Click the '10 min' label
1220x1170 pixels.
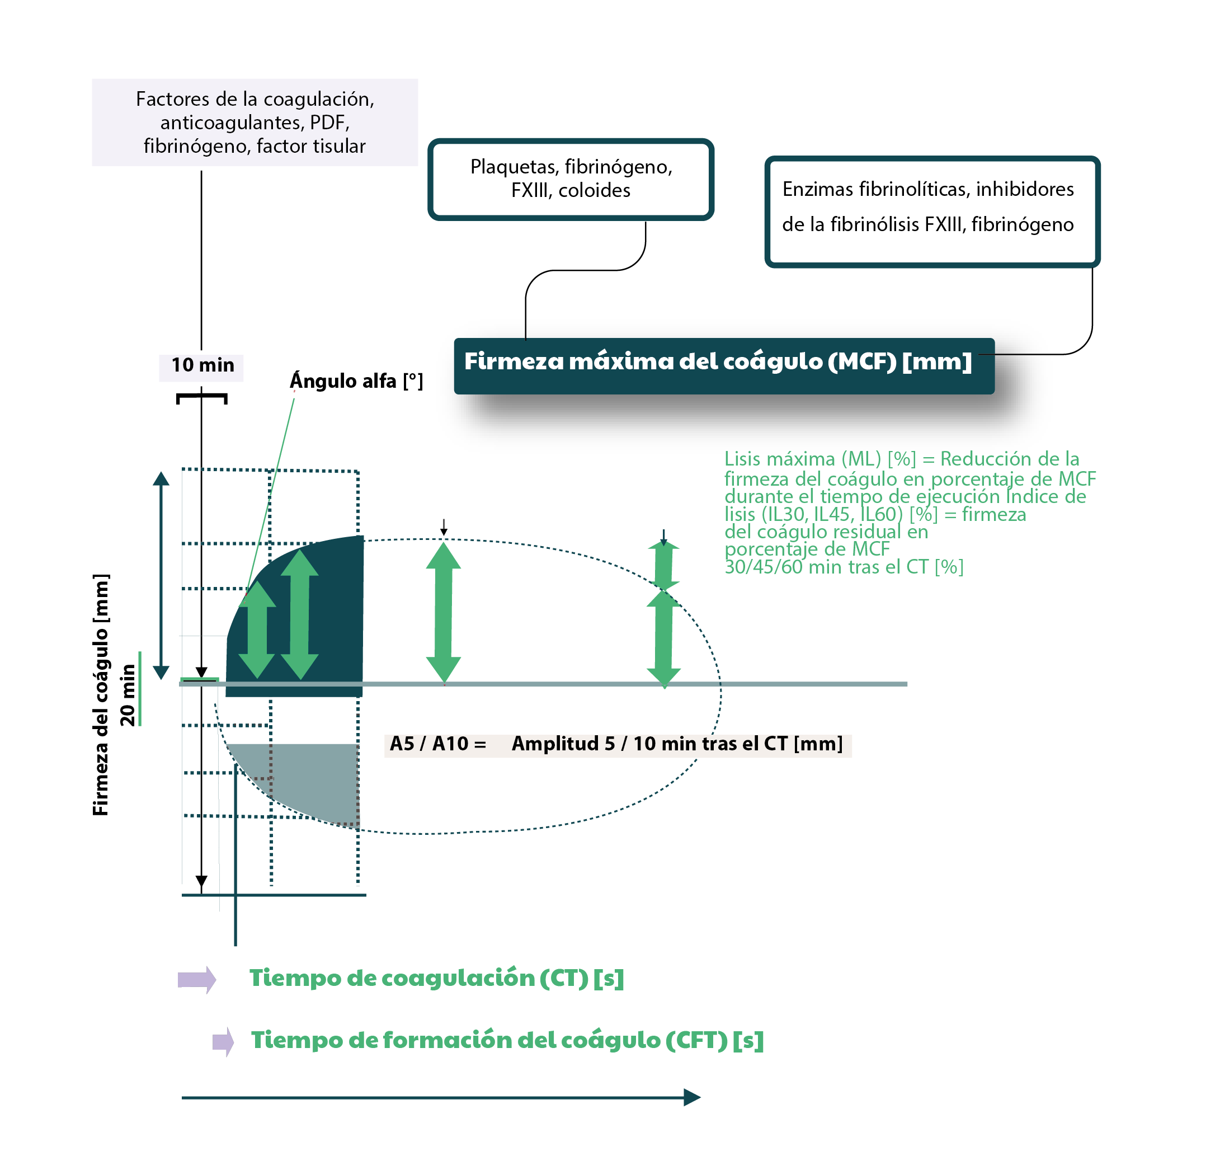coord(202,365)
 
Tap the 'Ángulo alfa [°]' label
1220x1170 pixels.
coord(356,380)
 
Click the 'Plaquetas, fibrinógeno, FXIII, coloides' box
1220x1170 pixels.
coord(570,179)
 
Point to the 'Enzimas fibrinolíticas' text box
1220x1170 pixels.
coord(932,211)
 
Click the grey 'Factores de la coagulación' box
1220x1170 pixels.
coord(255,122)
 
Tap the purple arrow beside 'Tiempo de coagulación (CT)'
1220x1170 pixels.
coord(197,979)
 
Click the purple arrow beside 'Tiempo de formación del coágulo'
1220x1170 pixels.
coord(223,1042)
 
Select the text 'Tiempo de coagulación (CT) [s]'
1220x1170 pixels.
coord(436,978)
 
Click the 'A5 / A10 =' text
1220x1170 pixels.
coord(437,744)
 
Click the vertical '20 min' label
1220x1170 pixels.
coord(128,694)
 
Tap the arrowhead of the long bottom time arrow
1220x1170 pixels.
coord(691,1097)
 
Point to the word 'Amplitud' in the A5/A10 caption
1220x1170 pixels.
coord(554,744)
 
